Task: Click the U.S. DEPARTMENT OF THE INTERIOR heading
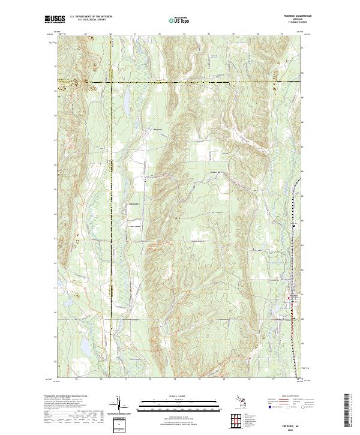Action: pyautogui.click(x=91, y=17)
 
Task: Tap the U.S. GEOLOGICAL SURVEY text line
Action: pyautogui.click(x=91, y=20)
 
